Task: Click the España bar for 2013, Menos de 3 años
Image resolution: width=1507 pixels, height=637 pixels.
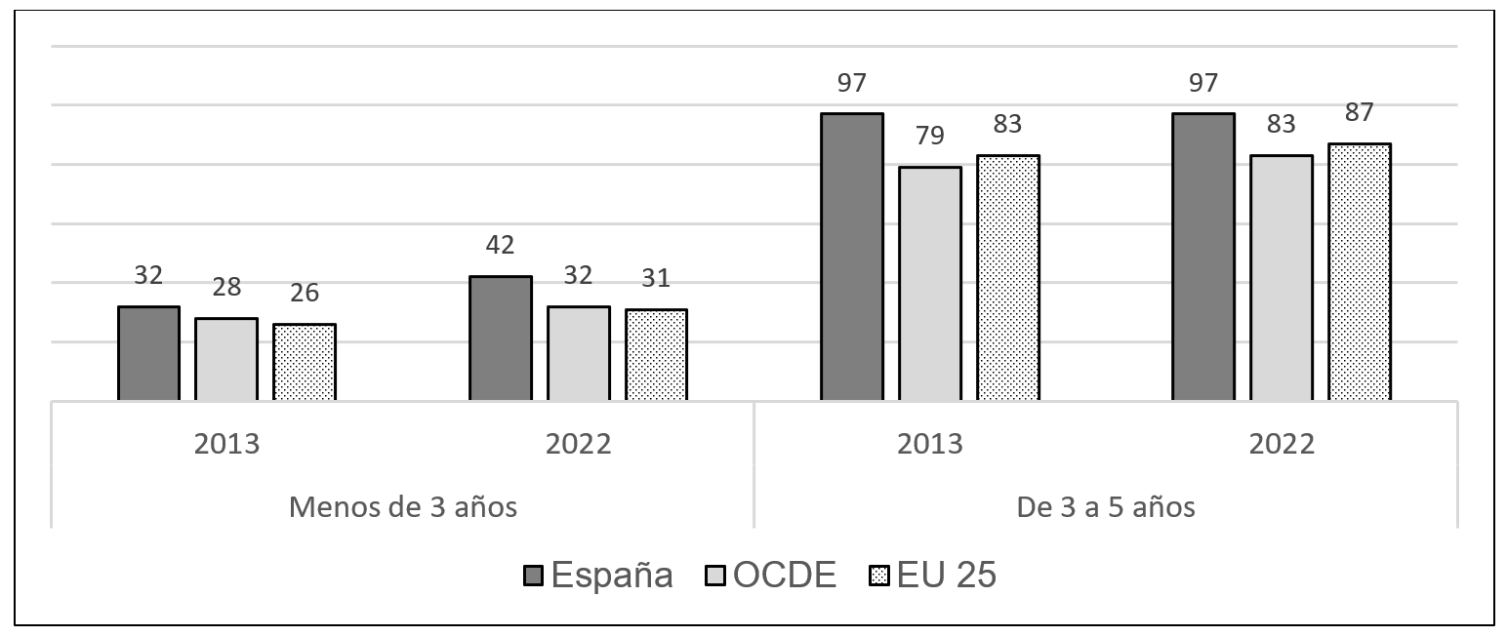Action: click(x=148, y=353)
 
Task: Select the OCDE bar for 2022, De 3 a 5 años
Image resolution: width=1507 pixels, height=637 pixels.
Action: click(x=1281, y=278)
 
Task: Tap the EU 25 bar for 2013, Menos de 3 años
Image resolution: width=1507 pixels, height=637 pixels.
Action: click(x=305, y=362)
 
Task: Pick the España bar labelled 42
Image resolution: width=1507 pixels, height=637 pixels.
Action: click(x=500, y=338)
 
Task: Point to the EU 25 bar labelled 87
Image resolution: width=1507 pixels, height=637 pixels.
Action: click(x=1359, y=272)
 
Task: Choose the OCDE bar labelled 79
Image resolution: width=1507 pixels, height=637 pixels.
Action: click(x=929, y=284)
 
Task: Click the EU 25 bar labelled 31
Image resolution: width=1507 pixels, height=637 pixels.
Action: click(x=656, y=355)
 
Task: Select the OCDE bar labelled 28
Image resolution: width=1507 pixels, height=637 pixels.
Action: click(x=226, y=359)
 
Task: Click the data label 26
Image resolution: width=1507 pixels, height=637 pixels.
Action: click(x=304, y=293)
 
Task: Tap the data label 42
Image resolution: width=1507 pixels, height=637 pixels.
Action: click(x=500, y=245)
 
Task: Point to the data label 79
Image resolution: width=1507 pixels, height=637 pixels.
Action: click(x=929, y=136)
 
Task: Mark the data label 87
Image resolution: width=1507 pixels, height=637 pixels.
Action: click(x=1359, y=111)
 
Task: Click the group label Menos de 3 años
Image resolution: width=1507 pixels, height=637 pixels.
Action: click(x=402, y=507)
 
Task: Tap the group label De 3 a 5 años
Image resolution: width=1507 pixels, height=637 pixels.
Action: click(x=1106, y=507)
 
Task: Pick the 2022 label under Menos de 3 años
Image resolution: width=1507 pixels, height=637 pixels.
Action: click(x=578, y=444)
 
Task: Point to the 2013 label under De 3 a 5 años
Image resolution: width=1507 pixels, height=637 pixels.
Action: click(x=929, y=444)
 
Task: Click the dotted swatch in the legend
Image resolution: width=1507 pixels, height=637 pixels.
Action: click(x=876, y=577)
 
